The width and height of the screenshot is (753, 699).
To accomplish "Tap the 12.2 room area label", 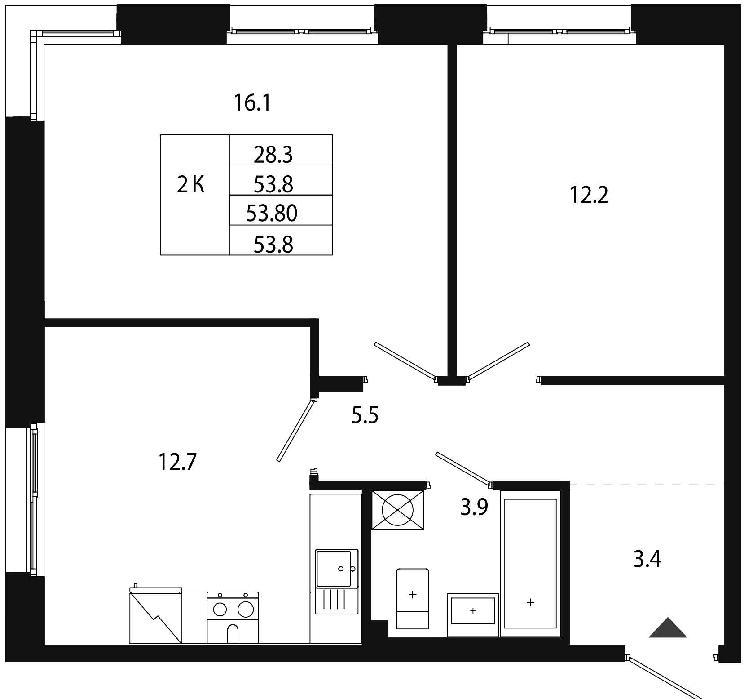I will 589,196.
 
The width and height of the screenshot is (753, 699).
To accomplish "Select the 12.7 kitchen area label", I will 178,462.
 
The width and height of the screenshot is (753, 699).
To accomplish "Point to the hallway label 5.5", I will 365,415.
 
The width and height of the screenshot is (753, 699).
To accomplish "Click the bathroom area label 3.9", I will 474,508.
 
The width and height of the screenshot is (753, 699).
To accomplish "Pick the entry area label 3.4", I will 647,561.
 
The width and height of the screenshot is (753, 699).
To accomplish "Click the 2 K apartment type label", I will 191,184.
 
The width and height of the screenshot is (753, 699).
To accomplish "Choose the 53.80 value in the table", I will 272,214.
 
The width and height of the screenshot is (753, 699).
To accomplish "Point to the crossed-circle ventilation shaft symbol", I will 397,510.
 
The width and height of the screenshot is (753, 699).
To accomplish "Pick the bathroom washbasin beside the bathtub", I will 473,610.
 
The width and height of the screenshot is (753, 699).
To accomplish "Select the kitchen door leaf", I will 295,430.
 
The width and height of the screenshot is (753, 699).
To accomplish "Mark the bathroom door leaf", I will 463,469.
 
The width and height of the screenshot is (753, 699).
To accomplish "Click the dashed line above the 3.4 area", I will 647,485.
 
